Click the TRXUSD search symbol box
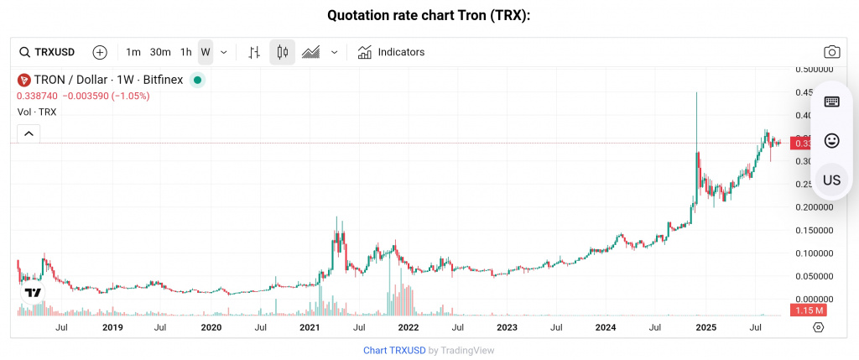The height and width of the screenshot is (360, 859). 47,52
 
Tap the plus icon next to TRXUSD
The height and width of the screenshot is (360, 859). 100,52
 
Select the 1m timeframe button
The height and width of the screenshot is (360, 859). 133,52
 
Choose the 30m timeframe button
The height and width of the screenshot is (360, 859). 160,52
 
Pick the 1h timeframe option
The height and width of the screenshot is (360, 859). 185,52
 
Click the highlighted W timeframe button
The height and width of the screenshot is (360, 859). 206,52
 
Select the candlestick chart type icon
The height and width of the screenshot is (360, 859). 282,52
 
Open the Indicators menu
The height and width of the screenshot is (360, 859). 391,52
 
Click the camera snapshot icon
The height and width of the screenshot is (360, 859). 831,52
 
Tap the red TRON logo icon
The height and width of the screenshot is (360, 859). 23,80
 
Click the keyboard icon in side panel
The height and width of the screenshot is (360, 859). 831,102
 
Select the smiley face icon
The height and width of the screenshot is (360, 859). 831,140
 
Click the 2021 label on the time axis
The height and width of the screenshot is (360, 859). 310,327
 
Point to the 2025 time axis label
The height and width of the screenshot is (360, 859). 705,327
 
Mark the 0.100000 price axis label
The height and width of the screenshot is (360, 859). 812,253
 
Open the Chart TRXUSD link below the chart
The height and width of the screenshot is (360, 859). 394,350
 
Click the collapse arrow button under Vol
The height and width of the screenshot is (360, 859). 29,133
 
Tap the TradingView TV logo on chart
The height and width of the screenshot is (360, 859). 33,293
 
